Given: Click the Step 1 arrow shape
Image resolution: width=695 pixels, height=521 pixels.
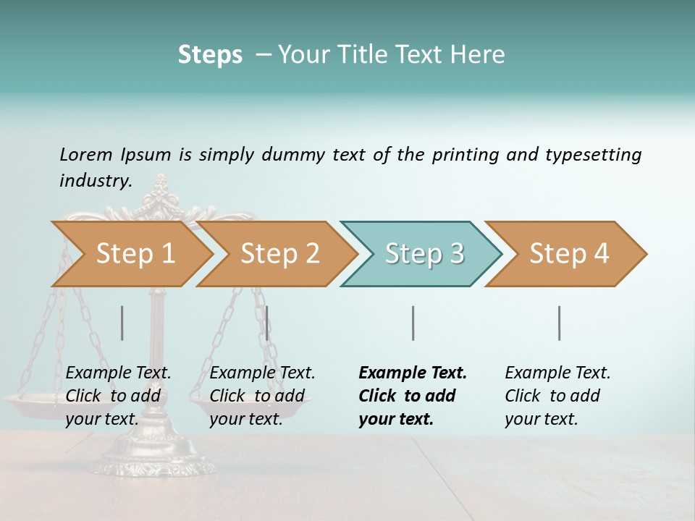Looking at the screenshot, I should coord(134,254).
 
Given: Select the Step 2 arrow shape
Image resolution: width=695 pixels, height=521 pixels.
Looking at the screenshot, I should coord(279,254).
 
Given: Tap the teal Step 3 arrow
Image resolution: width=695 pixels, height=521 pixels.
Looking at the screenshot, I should coord(424,254).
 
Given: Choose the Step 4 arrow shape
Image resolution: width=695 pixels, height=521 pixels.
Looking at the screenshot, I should coord(568,254).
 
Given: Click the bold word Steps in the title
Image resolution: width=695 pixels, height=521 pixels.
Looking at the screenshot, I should coord(210,54).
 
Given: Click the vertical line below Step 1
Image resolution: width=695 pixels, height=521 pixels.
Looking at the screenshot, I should coord(122,323).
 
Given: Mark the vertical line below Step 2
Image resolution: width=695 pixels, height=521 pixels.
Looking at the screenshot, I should coord(267,323).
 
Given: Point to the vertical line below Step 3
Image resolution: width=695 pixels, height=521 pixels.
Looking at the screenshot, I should coord(413,323).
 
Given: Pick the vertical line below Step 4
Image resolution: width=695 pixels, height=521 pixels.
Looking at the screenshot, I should coord(559,323).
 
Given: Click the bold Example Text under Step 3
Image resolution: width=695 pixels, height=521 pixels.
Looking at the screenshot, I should coord(413,373).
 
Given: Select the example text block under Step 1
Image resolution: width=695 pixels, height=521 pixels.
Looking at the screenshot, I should coord(118,396).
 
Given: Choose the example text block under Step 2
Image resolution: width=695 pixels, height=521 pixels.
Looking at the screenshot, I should coord(262,396).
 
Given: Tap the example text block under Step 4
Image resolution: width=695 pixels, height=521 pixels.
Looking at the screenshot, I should coord(557,396).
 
